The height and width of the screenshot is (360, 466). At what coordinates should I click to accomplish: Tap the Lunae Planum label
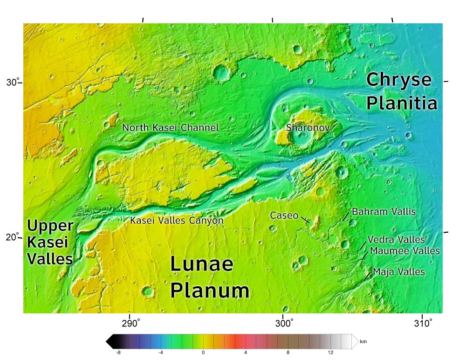tap(209, 277)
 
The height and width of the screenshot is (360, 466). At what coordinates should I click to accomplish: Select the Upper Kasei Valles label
tap(50, 242)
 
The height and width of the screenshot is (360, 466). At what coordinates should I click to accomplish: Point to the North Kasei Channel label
tap(170, 127)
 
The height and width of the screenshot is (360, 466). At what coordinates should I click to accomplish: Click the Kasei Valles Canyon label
tap(177, 220)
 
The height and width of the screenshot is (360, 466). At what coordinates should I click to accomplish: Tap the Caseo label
tap(284, 215)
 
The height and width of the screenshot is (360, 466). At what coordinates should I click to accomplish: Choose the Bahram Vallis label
tap(383, 212)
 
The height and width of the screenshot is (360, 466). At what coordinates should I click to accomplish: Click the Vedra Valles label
tap(396, 240)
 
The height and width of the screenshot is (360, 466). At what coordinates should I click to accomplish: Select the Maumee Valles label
tap(404, 251)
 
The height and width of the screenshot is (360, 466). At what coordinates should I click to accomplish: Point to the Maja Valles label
tap(399, 272)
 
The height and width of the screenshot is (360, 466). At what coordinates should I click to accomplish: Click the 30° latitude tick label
tap(13, 83)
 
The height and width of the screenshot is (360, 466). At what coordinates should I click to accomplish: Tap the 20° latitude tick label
tap(13, 236)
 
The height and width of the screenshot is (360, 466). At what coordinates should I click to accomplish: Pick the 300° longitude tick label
tap(285, 323)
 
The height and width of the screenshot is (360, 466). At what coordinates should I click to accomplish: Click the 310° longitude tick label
tap(425, 323)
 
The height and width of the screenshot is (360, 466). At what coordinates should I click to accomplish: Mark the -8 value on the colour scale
tap(118, 353)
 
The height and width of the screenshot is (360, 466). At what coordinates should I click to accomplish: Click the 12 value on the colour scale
tap(330, 353)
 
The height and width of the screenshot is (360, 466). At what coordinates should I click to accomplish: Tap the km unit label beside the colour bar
tap(363, 342)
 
